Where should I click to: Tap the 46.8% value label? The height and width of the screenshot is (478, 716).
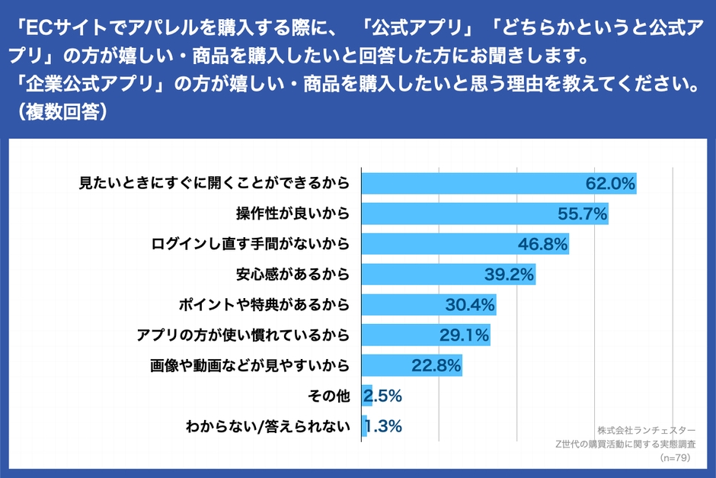[544, 245]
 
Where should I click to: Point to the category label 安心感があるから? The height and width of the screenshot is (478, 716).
[294, 274]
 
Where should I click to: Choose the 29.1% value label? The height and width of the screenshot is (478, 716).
[465, 335]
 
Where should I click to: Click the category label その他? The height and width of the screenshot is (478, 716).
[329, 396]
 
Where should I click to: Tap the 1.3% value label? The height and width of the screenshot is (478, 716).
[383, 427]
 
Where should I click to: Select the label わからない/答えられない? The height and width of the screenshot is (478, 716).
[267, 427]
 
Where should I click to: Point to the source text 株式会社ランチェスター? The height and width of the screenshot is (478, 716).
[646, 429]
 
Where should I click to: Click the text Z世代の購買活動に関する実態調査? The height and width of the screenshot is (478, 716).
[625, 444]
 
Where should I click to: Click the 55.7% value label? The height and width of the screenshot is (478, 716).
[583, 214]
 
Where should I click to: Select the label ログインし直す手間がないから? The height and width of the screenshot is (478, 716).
[251, 245]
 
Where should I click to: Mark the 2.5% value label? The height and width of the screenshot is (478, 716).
[383, 396]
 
